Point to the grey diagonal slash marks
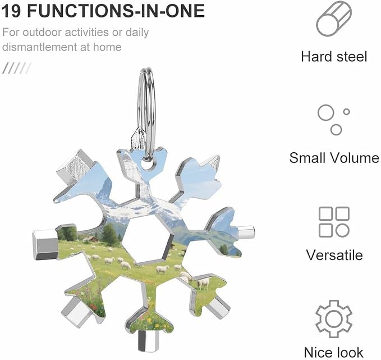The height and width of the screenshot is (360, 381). [16, 68]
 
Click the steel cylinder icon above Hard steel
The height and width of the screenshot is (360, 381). [334, 19]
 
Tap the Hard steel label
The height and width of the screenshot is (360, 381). [334, 56]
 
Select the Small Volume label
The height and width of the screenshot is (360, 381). [334, 158]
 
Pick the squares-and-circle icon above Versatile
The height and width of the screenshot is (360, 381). [334, 222]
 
